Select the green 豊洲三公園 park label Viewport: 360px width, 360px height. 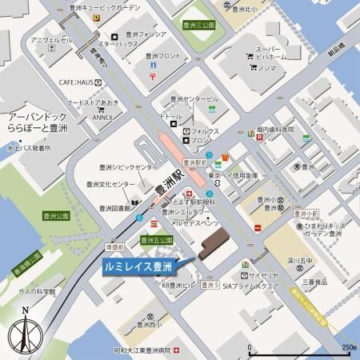coord(199,25)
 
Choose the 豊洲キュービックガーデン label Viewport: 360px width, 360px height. coord(131,6)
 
